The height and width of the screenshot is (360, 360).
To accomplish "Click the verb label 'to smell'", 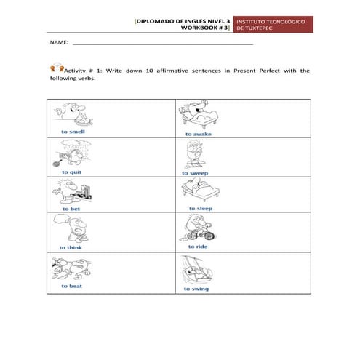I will pyautogui.click(x=73, y=132).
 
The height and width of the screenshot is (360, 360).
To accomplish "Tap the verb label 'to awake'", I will pyautogui.click(x=198, y=134).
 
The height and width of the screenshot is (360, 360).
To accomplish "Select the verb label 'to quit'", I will pyautogui.click(x=71, y=172).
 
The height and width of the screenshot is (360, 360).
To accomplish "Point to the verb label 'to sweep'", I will pyautogui.click(x=196, y=173).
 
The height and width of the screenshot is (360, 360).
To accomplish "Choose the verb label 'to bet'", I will pyautogui.click(x=71, y=209).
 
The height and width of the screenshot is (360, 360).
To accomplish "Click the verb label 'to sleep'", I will pyautogui.click(x=201, y=209).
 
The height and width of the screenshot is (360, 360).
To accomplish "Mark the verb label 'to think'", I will pyautogui.click(x=71, y=247).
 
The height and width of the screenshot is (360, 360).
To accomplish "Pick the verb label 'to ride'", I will pyautogui.click(x=197, y=247).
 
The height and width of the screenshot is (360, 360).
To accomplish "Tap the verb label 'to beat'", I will pyautogui.click(x=71, y=286).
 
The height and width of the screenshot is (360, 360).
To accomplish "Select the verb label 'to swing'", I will pyautogui.click(x=197, y=288).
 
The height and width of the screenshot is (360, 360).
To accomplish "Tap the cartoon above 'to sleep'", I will pyautogui.click(x=199, y=191).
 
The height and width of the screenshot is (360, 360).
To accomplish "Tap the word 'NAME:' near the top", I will pyautogui.click(x=58, y=44).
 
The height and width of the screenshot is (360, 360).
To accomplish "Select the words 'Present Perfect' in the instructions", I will pyautogui.click(x=257, y=71).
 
